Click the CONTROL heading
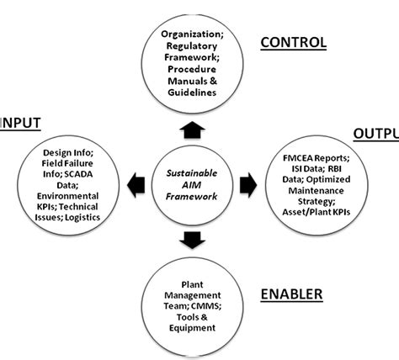pos(293,42)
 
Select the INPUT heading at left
pos(19,121)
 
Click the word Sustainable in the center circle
pos(193,171)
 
